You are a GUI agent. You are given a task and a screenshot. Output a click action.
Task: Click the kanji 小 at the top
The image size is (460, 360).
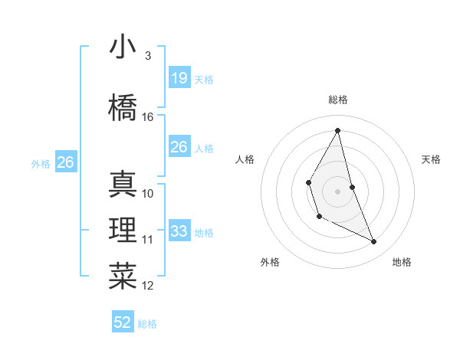pos(123,47)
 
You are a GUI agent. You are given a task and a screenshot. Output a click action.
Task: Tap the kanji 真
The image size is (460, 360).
pos(123,184)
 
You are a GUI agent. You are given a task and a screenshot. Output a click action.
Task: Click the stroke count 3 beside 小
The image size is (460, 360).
pos(147,56)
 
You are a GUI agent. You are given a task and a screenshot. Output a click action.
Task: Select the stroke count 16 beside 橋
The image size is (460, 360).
pos(148,117)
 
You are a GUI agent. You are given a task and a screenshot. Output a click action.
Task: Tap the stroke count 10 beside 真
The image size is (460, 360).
pos(148,193)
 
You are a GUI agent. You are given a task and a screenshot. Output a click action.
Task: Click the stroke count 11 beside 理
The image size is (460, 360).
pos(148,240)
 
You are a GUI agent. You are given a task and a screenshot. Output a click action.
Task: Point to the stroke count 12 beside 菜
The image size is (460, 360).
pos(148,286)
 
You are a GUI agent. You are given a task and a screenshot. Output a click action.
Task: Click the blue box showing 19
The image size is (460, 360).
pos(179,77)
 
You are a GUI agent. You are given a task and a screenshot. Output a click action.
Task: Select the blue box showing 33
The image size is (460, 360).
pos(179,231)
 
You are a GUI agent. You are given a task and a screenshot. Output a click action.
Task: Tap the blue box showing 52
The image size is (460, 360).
pos(123,322)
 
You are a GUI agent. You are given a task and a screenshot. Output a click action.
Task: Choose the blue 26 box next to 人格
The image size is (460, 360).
pos(179,147)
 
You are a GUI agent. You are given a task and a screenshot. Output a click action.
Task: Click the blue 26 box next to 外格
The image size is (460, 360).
pos(66,162)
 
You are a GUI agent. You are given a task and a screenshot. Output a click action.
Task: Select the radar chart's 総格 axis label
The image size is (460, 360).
pos(337,100)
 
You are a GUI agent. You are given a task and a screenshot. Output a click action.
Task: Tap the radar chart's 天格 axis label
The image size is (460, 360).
pos(432,159)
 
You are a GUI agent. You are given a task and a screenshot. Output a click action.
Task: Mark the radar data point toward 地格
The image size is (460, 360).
pos(374,242)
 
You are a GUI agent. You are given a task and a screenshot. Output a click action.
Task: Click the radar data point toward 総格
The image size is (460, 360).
pos(337,130)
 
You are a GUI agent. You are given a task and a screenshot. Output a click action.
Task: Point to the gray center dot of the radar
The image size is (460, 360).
pos(337,190)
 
